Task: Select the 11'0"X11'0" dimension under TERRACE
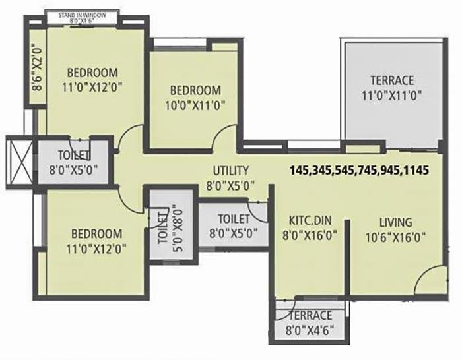[x=391, y=94]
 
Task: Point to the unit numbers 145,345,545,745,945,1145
[x=360, y=170]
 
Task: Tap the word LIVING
[x=395, y=222]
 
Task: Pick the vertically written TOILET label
[x=162, y=226]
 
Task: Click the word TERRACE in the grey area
[x=391, y=80]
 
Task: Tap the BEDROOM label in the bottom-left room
[x=96, y=234]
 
